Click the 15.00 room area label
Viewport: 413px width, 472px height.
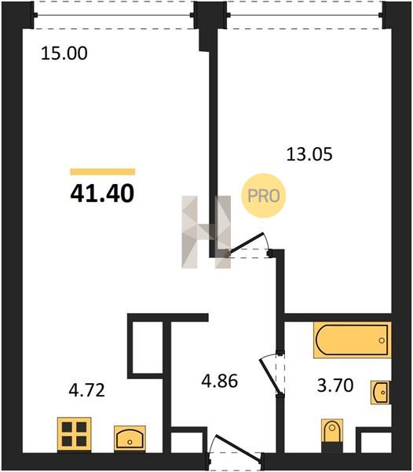[64, 53]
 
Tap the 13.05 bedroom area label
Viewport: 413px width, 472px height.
[309, 154]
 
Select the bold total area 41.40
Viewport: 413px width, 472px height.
[102, 193]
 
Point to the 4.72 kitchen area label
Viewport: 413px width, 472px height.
[87, 390]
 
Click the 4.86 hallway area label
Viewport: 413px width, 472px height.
[220, 381]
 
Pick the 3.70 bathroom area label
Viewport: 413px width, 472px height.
[335, 385]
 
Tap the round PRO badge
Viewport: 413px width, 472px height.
[263, 196]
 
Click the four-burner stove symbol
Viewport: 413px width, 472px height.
[74, 434]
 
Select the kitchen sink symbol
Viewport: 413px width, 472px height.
[130, 438]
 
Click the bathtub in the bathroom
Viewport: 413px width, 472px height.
[353, 340]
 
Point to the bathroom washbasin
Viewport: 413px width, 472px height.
[381, 393]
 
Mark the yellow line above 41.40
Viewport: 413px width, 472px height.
[103, 171]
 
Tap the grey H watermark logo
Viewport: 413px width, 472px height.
[206, 232]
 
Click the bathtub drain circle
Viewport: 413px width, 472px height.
[382, 341]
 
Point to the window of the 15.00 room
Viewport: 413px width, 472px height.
[114, 15]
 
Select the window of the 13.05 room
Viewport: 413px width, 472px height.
[305, 15]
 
